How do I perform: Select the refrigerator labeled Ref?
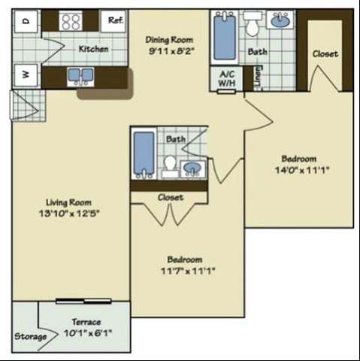[x=115, y=20]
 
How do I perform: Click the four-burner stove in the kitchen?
[x=71, y=21]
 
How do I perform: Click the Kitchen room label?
[x=93, y=49]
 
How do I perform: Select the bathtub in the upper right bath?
[x=224, y=38]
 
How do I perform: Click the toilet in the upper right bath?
[x=253, y=25]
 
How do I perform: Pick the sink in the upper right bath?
[x=280, y=21]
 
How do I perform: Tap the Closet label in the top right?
[x=325, y=53]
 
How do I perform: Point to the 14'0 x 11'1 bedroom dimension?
[x=298, y=170]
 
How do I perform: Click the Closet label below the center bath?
[x=171, y=197]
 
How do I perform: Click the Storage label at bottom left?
[x=30, y=336]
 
